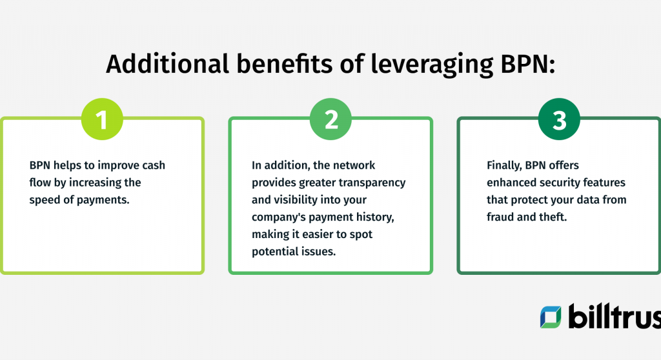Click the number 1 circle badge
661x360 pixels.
coord(101,119)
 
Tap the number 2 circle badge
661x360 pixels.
coord(330,119)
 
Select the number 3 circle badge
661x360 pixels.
coord(559,119)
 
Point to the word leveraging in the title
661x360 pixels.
coord(424,65)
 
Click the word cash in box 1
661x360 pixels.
coord(153,165)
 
